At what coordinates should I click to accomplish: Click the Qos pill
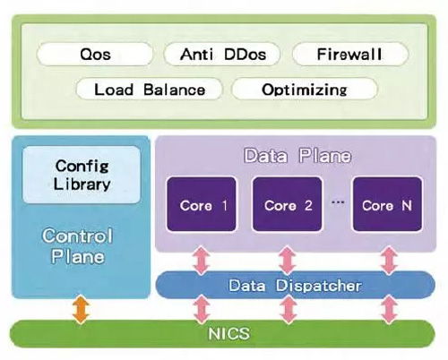pos(95,55)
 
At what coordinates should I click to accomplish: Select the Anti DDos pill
pos(222,55)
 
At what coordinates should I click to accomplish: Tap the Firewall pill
pos(350,55)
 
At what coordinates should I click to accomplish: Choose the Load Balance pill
pos(150,89)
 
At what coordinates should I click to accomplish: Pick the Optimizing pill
pos(305,89)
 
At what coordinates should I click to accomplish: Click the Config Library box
pos(82,175)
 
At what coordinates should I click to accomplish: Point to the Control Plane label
pos(77,246)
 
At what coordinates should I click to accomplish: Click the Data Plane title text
pos(297,156)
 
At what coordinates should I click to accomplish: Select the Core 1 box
pos(202,204)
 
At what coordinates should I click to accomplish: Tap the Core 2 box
pos(287,204)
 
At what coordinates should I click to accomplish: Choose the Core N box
pos(387,204)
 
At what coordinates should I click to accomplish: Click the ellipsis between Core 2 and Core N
pos(338,202)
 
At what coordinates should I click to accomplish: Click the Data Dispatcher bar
pos(295,285)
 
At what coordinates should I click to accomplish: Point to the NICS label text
pos(228,333)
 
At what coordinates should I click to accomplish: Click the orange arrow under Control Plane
pos(81,310)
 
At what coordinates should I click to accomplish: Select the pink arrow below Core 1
pos(202,261)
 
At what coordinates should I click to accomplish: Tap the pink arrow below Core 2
pos(288,261)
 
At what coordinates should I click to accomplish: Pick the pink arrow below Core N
pos(389,261)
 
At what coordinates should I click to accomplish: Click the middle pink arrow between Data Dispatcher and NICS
pos(288,310)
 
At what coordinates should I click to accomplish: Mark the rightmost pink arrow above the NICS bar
pos(389,310)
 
